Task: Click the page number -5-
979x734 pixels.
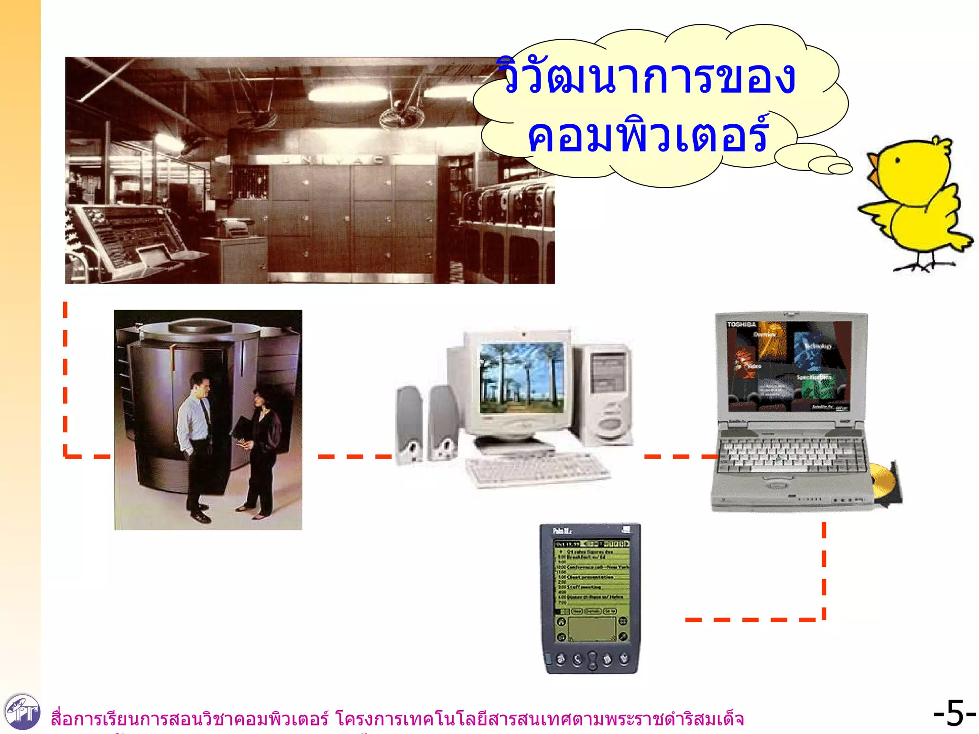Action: click(x=954, y=713)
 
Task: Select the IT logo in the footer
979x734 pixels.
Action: click(x=22, y=712)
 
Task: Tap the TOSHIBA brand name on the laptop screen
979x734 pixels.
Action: click(x=741, y=324)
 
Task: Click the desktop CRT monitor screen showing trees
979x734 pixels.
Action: click(x=522, y=378)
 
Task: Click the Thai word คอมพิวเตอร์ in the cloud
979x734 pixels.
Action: click(x=648, y=137)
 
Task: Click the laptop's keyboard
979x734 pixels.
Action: click(x=791, y=454)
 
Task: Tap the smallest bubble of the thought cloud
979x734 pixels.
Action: click(x=840, y=169)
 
